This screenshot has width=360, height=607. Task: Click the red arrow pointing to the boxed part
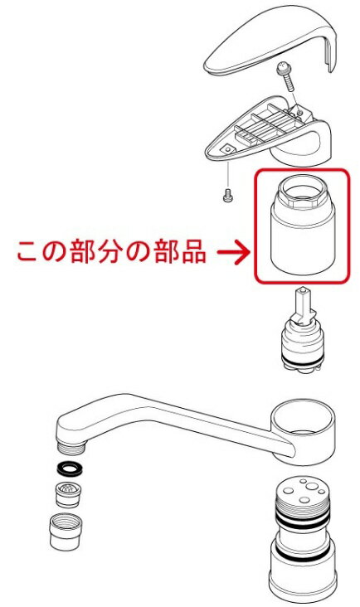pyautogui.click(x=233, y=253)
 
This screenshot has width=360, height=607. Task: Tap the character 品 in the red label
pyautogui.click(x=192, y=252)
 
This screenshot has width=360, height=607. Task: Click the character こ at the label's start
pyautogui.click(x=29, y=252)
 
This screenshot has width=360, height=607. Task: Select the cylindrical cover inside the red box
pyautogui.click(x=302, y=225)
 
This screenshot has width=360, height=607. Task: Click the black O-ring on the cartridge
pyautogui.click(x=302, y=362)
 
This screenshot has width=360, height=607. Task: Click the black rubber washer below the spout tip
pyautogui.click(x=70, y=469)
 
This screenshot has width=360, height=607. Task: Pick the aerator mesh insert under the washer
pyautogui.click(x=68, y=494)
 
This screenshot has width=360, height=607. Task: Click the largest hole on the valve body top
pyautogui.click(x=311, y=486)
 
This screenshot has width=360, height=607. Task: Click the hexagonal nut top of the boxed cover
pyautogui.click(x=302, y=190)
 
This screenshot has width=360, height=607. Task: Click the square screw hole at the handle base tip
pyautogui.click(x=227, y=149)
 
